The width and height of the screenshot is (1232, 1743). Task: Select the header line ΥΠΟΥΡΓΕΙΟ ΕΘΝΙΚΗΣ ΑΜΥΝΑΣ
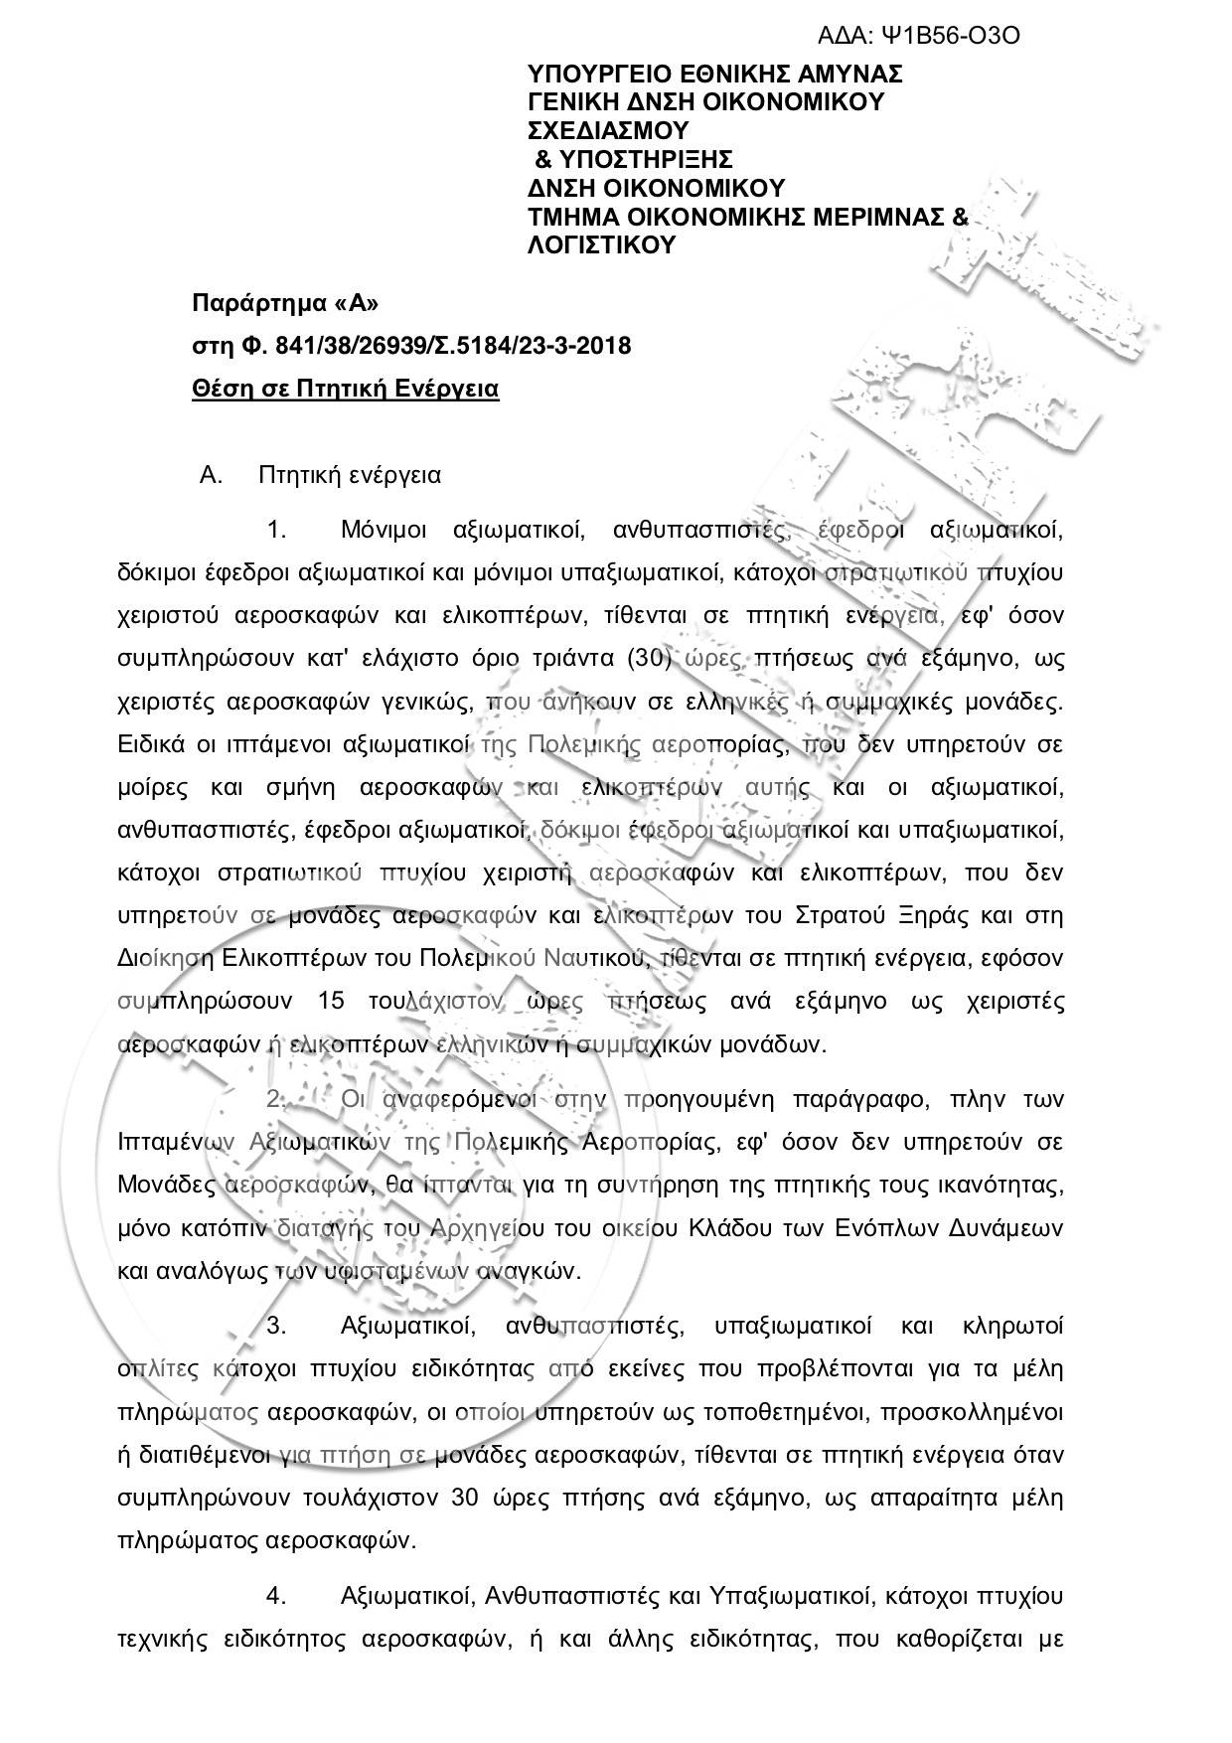tap(714, 75)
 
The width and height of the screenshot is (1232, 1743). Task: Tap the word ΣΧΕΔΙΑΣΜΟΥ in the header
tap(607, 130)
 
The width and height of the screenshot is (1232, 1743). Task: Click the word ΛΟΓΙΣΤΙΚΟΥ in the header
tap(600, 244)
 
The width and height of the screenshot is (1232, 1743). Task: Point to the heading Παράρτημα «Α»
tap(285, 302)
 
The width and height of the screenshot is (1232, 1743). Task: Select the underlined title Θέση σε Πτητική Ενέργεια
tap(345, 389)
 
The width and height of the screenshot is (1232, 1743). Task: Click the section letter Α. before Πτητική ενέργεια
tap(209, 475)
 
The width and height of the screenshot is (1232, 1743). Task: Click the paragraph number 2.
tap(276, 1099)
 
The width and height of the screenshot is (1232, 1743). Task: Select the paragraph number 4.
tap(276, 1596)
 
